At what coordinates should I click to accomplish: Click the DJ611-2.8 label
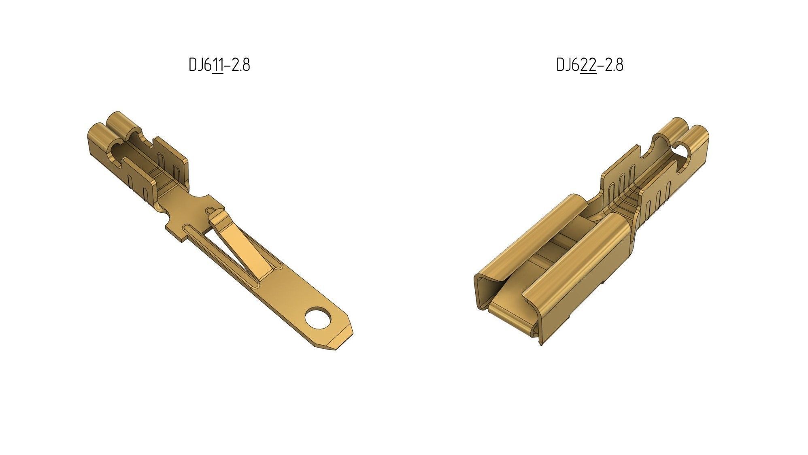pyautogui.click(x=219, y=65)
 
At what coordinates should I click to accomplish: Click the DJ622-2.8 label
pyautogui.click(x=589, y=65)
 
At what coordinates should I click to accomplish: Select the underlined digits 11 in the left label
pyautogui.click(x=218, y=65)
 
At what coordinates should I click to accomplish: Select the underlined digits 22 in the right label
pyautogui.click(x=588, y=65)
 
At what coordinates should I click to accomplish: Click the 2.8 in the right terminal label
pyautogui.click(x=614, y=65)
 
